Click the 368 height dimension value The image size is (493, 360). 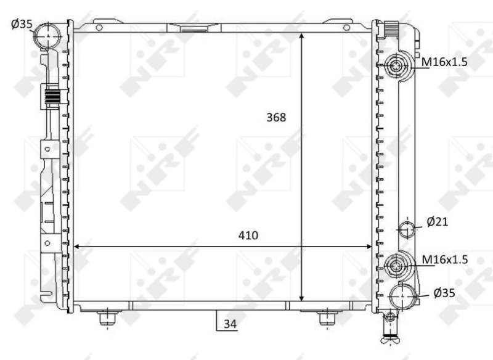point(276,117)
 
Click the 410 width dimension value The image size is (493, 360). point(248,235)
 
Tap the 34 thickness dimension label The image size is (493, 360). point(230,324)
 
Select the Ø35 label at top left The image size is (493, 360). point(22,23)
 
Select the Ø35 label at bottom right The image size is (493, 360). point(444,293)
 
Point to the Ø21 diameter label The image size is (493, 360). point(437,222)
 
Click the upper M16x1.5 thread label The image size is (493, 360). point(444,62)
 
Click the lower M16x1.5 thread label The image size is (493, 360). point(444,260)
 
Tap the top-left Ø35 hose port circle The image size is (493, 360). point(48,36)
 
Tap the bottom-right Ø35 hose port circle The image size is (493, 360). point(402,296)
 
